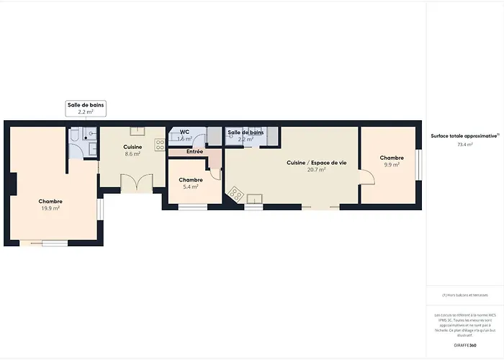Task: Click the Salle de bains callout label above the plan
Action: (x=86, y=105)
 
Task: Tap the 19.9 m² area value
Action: (x=50, y=208)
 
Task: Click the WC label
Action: (x=184, y=132)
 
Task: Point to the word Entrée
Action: (x=194, y=152)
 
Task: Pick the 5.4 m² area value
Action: (x=191, y=186)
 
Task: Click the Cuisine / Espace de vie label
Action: (x=317, y=163)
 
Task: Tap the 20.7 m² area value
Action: (x=318, y=170)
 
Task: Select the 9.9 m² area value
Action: (x=392, y=165)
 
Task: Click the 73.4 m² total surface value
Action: (x=465, y=145)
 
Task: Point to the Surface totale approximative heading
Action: (x=464, y=135)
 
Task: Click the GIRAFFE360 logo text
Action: (x=465, y=346)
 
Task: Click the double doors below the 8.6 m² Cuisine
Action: (x=137, y=183)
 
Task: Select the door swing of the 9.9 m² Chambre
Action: (x=366, y=177)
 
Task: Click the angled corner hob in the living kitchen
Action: (x=235, y=193)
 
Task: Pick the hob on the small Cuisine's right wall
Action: (x=160, y=143)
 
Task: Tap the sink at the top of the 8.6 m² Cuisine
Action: (x=137, y=131)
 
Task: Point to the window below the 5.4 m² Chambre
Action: (x=193, y=207)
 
